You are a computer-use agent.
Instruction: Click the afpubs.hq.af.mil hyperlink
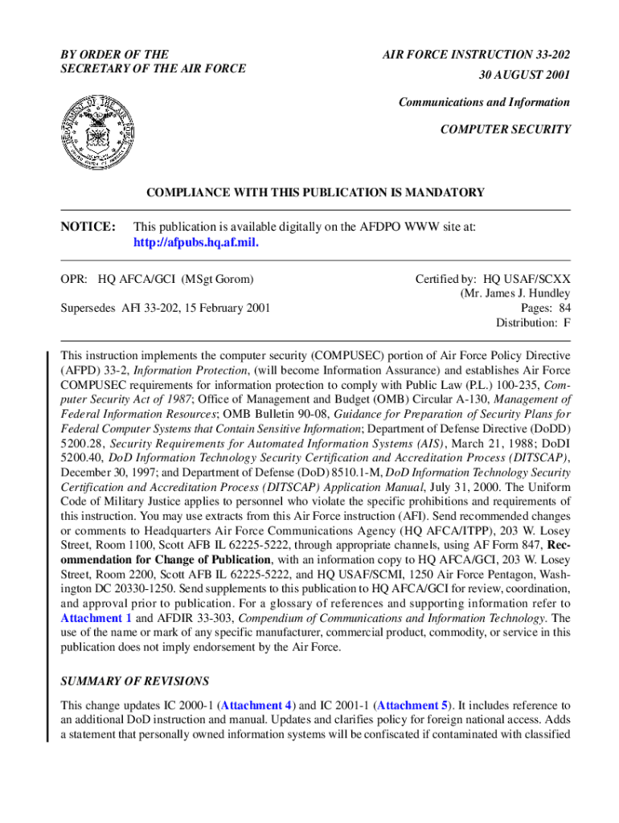point(195,243)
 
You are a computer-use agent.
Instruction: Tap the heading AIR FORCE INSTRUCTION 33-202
point(476,55)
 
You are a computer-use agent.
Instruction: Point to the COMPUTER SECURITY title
point(506,129)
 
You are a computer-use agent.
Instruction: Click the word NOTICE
point(88,227)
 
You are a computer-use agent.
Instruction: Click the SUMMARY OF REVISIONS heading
point(135,681)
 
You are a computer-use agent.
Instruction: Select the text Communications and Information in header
point(484,102)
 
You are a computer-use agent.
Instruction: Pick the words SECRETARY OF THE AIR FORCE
point(153,68)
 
